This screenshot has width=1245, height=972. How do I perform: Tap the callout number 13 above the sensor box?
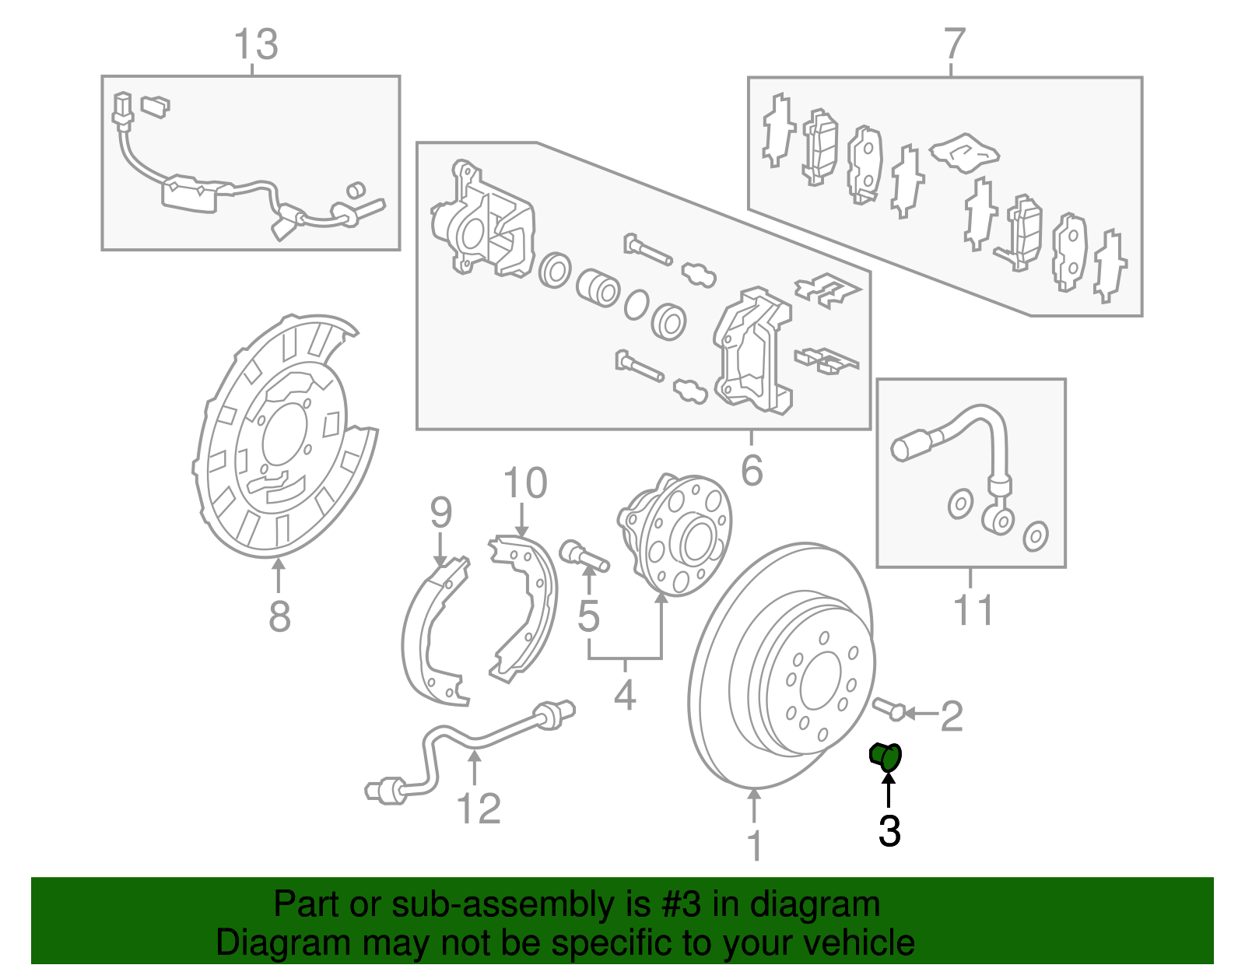[255, 45]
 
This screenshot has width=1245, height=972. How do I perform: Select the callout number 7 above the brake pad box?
[954, 44]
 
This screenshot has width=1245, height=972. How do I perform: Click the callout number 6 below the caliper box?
[752, 470]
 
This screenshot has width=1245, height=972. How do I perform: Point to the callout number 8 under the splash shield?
[279, 616]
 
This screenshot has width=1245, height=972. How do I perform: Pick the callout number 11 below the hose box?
[973, 611]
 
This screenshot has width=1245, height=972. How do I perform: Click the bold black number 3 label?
[889, 831]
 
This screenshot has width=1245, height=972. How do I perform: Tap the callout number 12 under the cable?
[478, 809]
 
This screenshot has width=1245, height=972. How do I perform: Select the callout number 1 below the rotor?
[754, 847]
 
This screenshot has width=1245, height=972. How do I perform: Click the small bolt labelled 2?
[887, 708]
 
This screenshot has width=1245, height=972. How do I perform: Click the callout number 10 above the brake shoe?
[524, 483]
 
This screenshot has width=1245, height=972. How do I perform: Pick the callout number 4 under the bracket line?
[625, 694]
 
